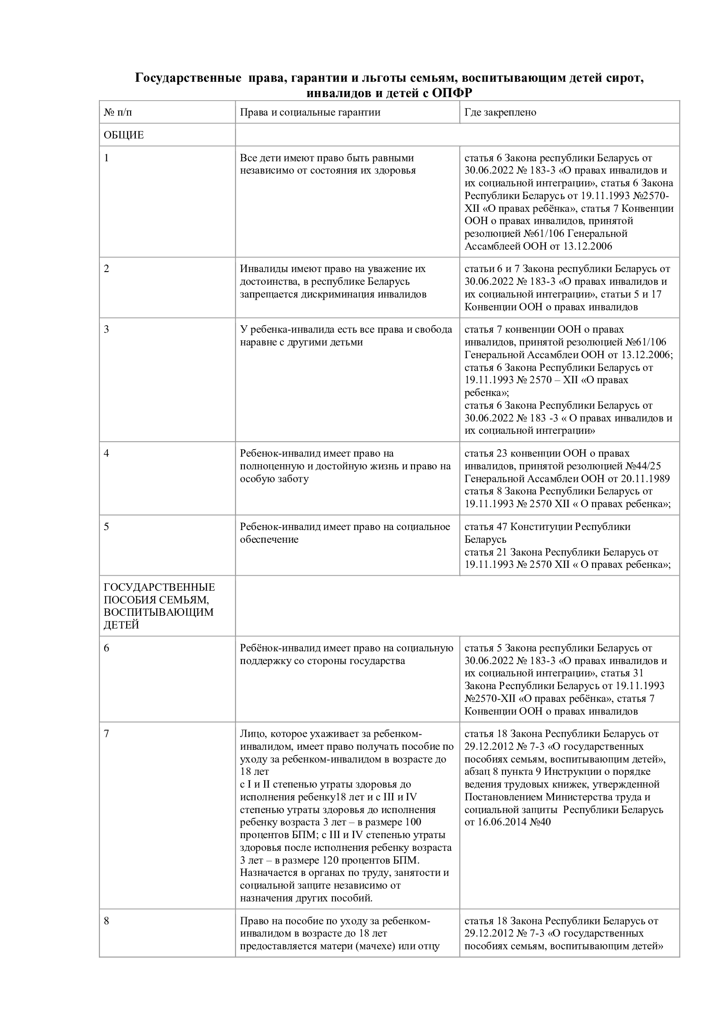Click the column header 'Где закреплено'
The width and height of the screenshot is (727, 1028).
click(500, 112)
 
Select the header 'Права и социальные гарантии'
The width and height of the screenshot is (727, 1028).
click(310, 112)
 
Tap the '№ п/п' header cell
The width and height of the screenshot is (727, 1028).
click(118, 112)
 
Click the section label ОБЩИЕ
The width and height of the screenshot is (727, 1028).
click(124, 135)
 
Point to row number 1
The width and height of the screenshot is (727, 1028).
click(106, 158)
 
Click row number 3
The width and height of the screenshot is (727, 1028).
click(106, 330)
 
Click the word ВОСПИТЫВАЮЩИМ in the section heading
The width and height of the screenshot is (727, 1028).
click(159, 612)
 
